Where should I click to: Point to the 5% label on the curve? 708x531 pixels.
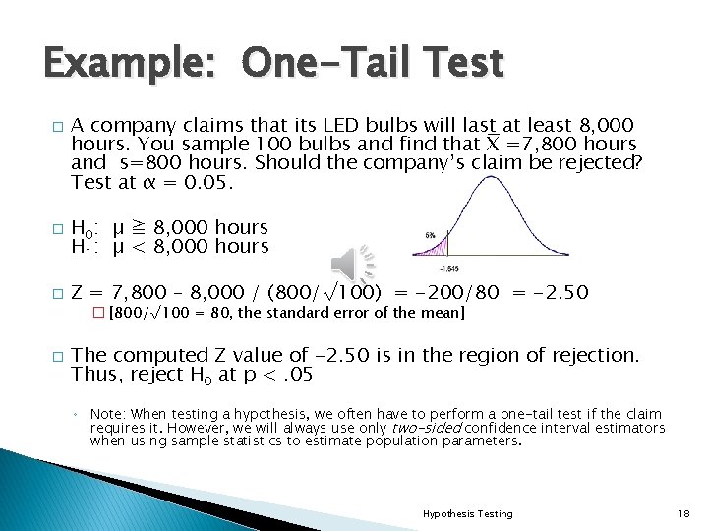tap(430, 236)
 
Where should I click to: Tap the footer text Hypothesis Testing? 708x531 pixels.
tap(467, 513)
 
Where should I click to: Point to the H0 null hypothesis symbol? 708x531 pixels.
tap(85, 229)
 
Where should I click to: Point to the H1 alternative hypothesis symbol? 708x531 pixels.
tap(85, 248)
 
